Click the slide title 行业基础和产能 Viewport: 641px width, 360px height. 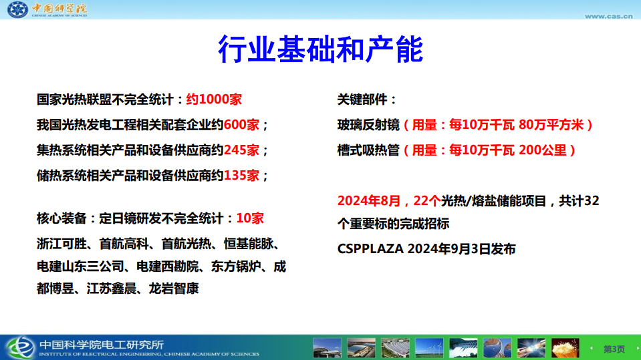point(320,49)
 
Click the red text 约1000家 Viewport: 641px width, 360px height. point(213,100)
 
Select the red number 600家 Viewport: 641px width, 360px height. point(241,125)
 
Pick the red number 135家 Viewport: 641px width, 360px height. point(241,176)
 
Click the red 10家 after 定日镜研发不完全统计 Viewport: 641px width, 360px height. point(250,218)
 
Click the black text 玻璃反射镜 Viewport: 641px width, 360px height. point(368,125)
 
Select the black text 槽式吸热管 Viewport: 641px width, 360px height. point(368,150)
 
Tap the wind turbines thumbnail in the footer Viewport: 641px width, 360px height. point(428,348)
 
